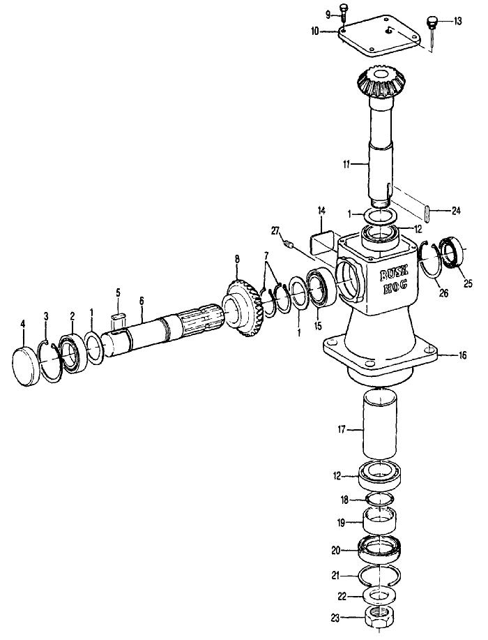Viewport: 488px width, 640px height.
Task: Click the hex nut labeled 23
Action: (379, 617)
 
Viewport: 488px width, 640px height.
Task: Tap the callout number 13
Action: (457, 21)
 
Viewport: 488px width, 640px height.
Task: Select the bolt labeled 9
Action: (344, 13)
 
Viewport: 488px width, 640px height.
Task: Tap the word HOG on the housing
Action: (394, 285)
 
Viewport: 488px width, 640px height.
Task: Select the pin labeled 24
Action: (427, 214)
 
